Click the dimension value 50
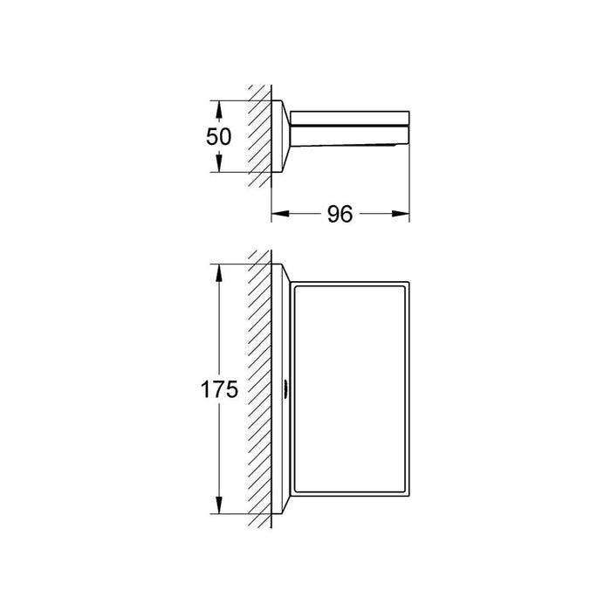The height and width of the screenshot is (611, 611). [x=219, y=137]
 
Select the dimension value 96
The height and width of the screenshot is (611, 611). [x=340, y=214]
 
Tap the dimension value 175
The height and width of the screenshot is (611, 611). [x=219, y=390]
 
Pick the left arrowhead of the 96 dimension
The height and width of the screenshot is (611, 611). [x=278, y=214]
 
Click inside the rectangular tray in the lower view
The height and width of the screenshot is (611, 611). [x=349, y=393]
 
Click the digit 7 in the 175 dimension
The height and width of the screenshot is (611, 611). [x=219, y=390]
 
